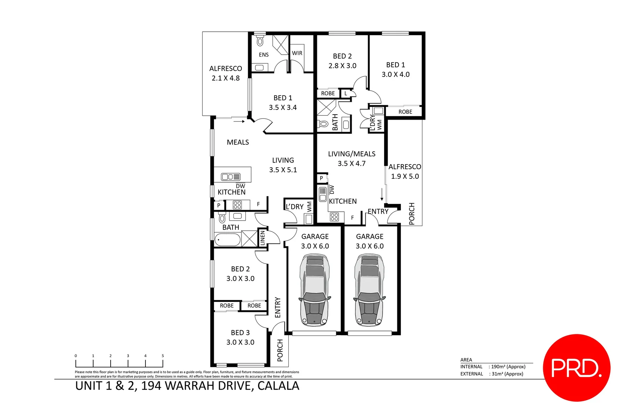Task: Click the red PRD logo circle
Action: [x=576, y=368]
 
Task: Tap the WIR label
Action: [x=297, y=53]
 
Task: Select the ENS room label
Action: [x=264, y=55]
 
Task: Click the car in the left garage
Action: [x=315, y=290]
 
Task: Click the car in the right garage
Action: [x=369, y=290]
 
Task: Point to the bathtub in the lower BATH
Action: [x=227, y=240]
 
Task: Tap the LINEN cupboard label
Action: [x=263, y=238]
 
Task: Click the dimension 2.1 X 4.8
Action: [x=226, y=78]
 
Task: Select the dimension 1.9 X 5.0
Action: [x=405, y=176]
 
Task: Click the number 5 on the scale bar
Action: [x=163, y=356]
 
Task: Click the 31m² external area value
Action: [x=507, y=374]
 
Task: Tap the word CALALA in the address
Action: [x=278, y=386]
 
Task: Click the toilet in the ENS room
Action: [x=260, y=40]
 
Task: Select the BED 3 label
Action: [x=240, y=333]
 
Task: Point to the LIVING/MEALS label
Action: [x=352, y=154]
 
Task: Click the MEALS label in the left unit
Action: [x=238, y=142]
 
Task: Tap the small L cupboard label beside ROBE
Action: [x=346, y=93]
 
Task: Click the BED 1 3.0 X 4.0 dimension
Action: [x=395, y=74]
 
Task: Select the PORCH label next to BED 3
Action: [x=280, y=350]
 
